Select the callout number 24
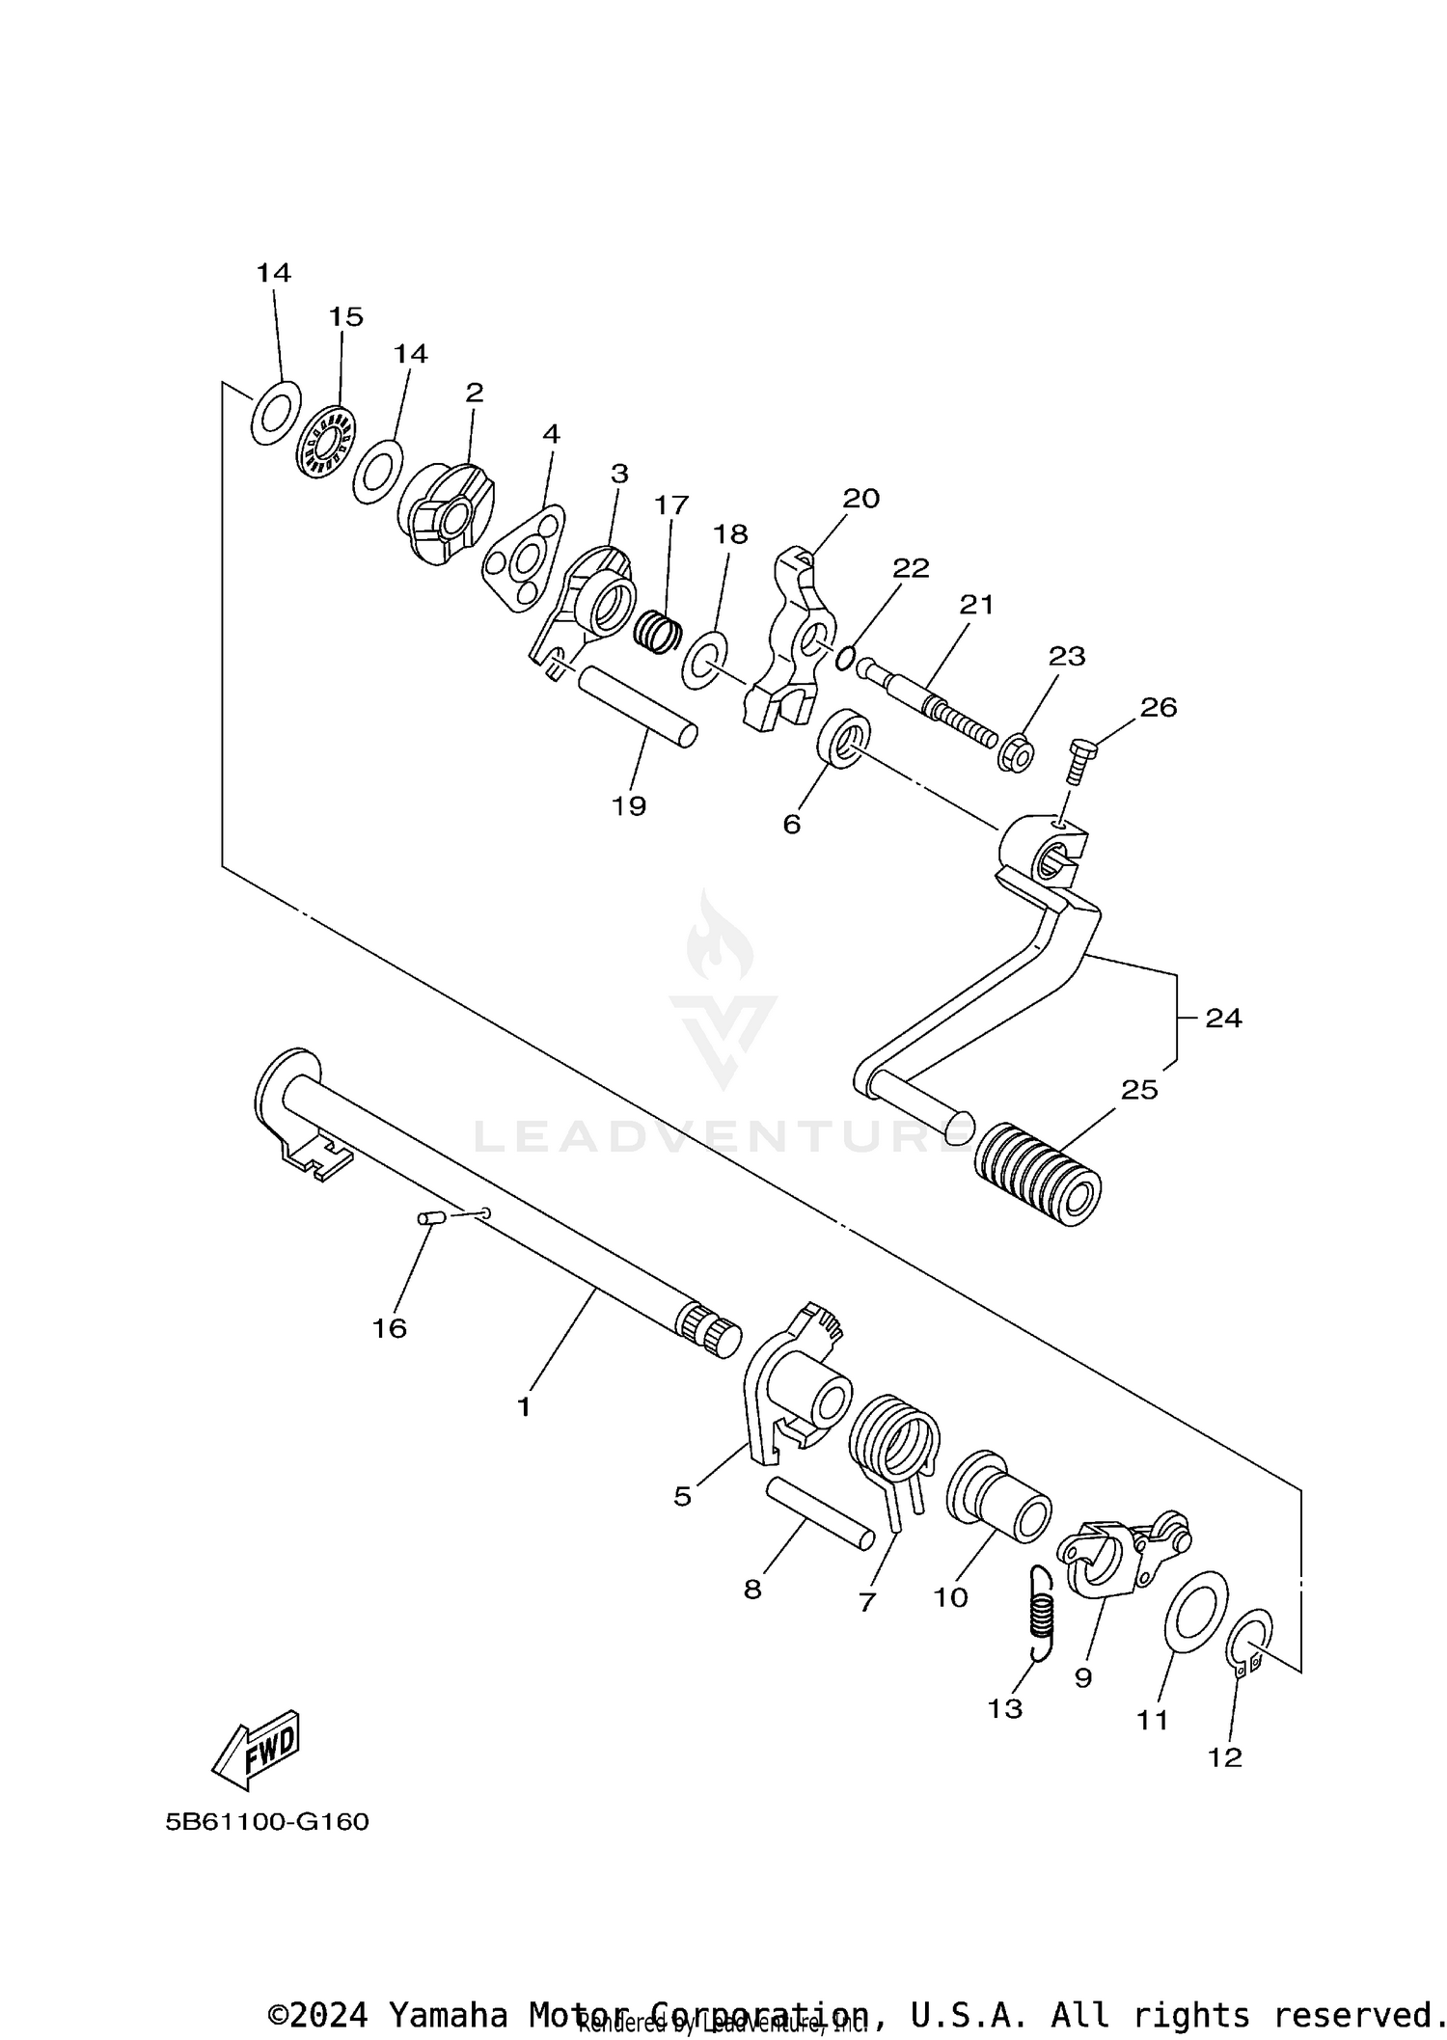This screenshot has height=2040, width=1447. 1223,1018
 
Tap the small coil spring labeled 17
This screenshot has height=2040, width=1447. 658,631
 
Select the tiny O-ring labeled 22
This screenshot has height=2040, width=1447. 844,658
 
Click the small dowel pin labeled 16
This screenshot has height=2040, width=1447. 429,1219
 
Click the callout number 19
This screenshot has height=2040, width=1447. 629,805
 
